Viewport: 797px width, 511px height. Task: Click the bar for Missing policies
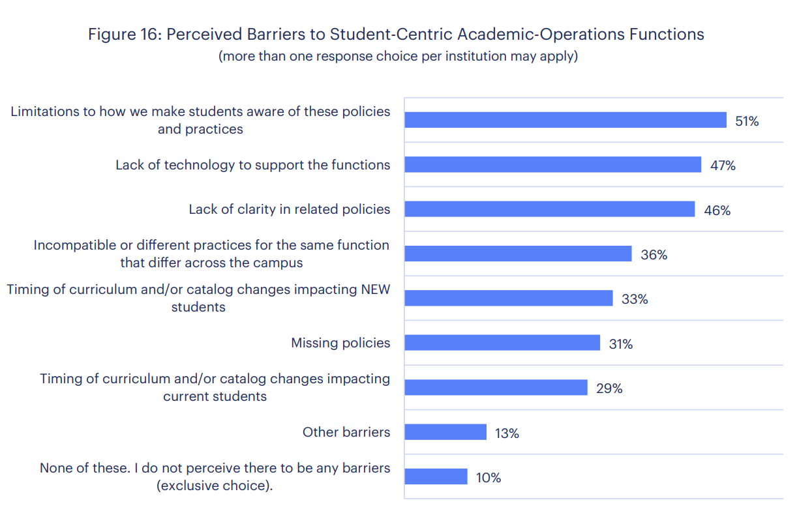click(x=502, y=343)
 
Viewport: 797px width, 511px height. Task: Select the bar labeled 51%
click(x=565, y=120)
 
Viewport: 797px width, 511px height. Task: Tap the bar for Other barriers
click(x=445, y=432)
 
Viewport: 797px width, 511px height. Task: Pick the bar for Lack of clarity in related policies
click(x=549, y=209)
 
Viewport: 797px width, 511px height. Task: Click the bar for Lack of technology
click(x=552, y=165)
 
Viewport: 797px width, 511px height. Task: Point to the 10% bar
click(x=436, y=476)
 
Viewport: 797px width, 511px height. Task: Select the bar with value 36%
click(x=518, y=254)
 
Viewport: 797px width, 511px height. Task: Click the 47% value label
click(x=723, y=166)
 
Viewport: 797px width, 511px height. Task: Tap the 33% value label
click(x=635, y=299)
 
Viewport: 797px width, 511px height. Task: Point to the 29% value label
click(x=609, y=388)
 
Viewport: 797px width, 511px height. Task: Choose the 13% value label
click(x=507, y=433)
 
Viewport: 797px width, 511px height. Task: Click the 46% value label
click(x=717, y=211)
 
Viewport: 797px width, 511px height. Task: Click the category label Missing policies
click(x=340, y=343)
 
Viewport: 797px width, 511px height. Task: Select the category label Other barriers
click(x=346, y=432)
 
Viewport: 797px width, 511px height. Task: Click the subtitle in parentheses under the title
click(x=398, y=56)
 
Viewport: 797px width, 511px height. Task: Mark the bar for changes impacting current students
click(x=496, y=387)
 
